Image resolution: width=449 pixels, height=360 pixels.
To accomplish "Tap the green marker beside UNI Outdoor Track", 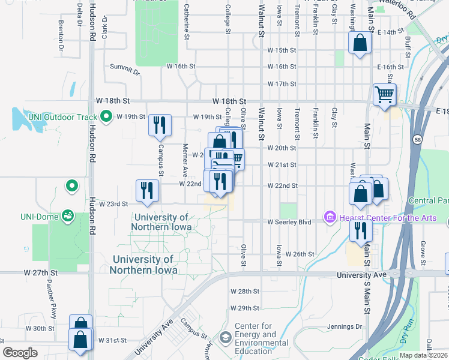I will click(x=107, y=116).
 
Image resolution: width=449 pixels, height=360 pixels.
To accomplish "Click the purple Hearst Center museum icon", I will click(x=330, y=217).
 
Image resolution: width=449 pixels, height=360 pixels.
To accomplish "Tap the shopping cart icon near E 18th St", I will click(x=384, y=94).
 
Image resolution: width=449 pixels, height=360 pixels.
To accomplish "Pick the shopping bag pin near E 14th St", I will click(x=360, y=43).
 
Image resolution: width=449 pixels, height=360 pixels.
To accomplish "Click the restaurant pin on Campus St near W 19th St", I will click(x=160, y=125).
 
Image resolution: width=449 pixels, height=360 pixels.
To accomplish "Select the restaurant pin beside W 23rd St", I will click(x=147, y=190).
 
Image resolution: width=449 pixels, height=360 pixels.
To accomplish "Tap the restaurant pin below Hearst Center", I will click(x=361, y=230).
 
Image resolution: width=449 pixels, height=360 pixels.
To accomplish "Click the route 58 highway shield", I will click(x=416, y=140).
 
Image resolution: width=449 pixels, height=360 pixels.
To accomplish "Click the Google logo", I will click(x=20, y=353).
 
